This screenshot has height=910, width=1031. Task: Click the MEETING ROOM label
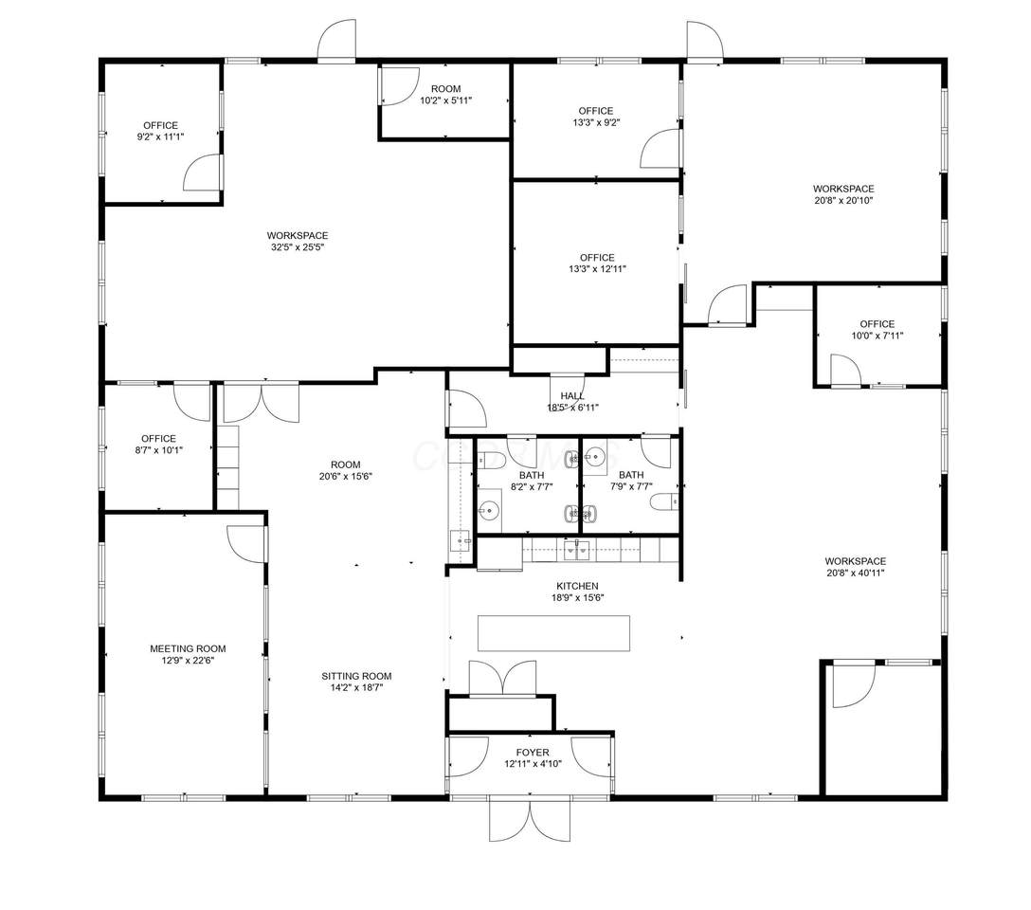(x=188, y=648)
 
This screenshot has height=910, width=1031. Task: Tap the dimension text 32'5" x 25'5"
(x=298, y=247)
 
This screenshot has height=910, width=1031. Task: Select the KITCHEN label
(x=577, y=586)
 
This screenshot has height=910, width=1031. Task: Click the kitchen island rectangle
(x=553, y=633)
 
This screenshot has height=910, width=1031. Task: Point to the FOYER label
(x=533, y=753)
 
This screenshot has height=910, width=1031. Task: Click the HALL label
(x=572, y=396)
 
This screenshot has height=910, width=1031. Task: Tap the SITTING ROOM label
(x=356, y=676)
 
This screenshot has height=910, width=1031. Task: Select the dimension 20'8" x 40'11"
(x=856, y=573)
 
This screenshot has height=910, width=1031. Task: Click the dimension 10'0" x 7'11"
(x=877, y=336)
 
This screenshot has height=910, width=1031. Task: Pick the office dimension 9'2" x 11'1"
(x=160, y=136)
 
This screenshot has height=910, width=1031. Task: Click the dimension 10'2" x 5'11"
(x=445, y=100)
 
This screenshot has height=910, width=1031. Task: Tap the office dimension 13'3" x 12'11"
(x=597, y=269)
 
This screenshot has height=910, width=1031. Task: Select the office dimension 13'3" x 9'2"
(x=596, y=122)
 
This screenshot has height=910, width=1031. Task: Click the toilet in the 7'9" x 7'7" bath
(x=664, y=502)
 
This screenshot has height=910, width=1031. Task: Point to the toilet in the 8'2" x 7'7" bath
(x=491, y=460)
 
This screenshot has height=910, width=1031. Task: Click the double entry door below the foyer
(x=530, y=819)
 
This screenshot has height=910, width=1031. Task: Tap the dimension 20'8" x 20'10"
(x=843, y=201)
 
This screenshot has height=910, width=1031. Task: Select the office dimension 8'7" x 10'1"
(x=158, y=450)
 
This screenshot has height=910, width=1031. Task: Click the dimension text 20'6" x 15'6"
(x=346, y=476)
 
